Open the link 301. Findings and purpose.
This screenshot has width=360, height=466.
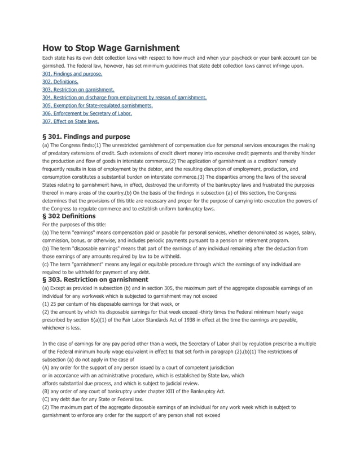coord(72,74)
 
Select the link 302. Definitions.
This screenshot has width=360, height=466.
coord(60,82)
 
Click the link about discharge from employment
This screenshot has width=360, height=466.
coord(124,98)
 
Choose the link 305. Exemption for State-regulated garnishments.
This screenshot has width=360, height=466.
coord(98,105)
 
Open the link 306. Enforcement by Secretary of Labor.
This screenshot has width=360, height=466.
coord(87,113)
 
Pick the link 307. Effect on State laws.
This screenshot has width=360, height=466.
coord(71,121)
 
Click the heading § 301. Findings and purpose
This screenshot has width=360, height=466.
coord(86,137)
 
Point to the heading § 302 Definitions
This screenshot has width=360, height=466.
coord(69,216)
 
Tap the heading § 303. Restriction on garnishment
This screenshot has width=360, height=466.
coord(95,279)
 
